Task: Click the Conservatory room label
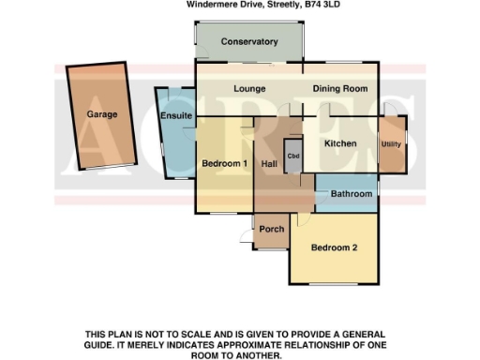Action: (249, 42)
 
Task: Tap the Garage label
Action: (102, 113)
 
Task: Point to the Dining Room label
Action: (339, 89)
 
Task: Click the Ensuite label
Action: (176, 115)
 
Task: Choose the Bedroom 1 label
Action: (224, 164)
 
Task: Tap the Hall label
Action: (268, 165)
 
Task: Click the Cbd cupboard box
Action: (292, 156)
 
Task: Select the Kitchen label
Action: (340, 143)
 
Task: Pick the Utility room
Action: (390, 144)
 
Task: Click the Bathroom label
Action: (352, 194)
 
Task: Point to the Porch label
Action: (272, 230)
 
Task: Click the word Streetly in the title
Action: (278, 5)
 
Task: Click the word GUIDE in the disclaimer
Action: (104, 345)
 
